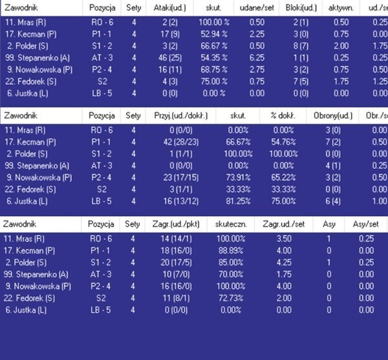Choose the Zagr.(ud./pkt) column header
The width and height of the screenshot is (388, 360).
click(177, 225)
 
